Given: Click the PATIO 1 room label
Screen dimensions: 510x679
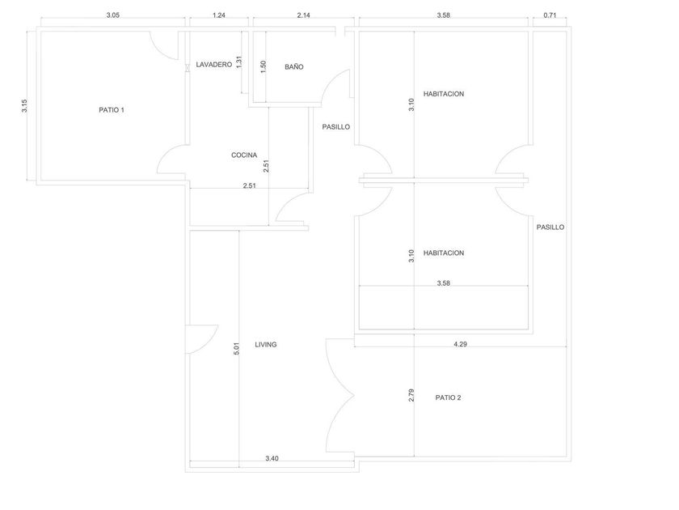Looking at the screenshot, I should (x=112, y=110).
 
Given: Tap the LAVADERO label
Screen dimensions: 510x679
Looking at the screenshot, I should (x=213, y=64).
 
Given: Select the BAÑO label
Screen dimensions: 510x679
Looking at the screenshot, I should (x=293, y=67).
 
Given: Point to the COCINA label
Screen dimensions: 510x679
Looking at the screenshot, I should (x=244, y=155).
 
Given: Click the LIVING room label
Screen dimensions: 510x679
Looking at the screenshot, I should (x=266, y=344).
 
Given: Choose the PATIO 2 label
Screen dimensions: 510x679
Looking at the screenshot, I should (x=448, y=397).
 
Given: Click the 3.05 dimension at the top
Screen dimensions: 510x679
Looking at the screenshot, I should (x=114, y=15).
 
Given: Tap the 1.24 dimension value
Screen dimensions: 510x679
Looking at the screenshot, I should (x=218, y=15).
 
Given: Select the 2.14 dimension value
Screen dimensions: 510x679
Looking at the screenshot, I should (x=304, y=15).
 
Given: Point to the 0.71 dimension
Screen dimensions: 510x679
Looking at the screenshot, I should (x=550, y=15).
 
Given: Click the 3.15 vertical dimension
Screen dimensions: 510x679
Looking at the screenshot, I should (x=24, y=105).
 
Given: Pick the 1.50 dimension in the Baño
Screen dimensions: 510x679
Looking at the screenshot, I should (x=264, y=67).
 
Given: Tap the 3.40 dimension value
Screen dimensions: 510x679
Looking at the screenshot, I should (x=272, y=459).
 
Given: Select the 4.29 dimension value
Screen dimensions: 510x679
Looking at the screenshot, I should (x=460, y=344).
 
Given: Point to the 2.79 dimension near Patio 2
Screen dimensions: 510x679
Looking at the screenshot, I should (x=411, y=397).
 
